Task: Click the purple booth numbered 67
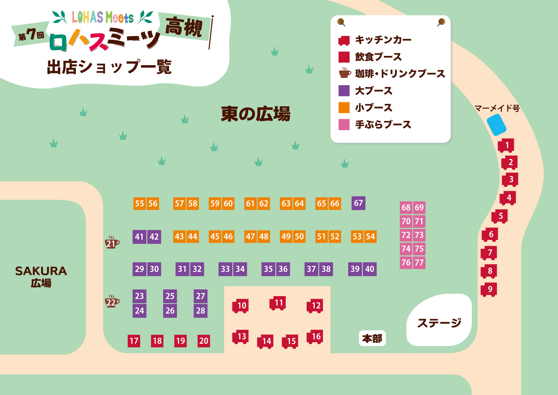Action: pyautogui.click(x=358, y=203)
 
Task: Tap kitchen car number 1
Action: pyautogui.click(x=506, y=145)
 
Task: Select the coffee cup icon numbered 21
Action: pyautogui.click(x=112, y=243)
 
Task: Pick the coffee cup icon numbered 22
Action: pyautogui.click(x=112, y=301)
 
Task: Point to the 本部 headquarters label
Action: pyautogui.click(x=372, y=338)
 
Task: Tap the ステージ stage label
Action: pyautogui.click(x=439, y=323)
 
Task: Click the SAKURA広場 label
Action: pyautogui.click(x=41, y=276)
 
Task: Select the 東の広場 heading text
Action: pyautogui.click(x=256, y=114)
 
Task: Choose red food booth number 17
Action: pyautogui.click(x=134, y=341)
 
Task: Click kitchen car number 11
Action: pyautogui.click(x=278, y=303)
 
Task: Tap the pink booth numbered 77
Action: pyautogui.click(x=419, y=262)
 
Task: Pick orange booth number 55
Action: pyautogui.click(x=139, y=204)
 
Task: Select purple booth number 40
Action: pyautogui.click(x=370, y=269)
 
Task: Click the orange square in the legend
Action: pyautogui.click(x=344, y=108)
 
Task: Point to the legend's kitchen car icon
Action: pyautogui.click(x=344, y=41)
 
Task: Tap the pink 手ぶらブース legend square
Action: pyautogui.click(x=344, y=124)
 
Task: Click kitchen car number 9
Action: pyautogui.click(x=489, y=290)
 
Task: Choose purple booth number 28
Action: pyautogui.click(x=201, y=311)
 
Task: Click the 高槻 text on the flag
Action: pyautogui.click(x=184, y=27)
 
